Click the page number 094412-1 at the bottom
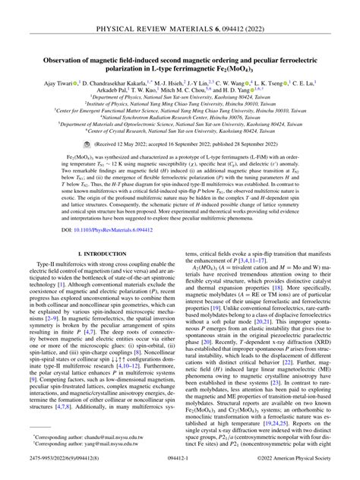pos(180,469)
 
